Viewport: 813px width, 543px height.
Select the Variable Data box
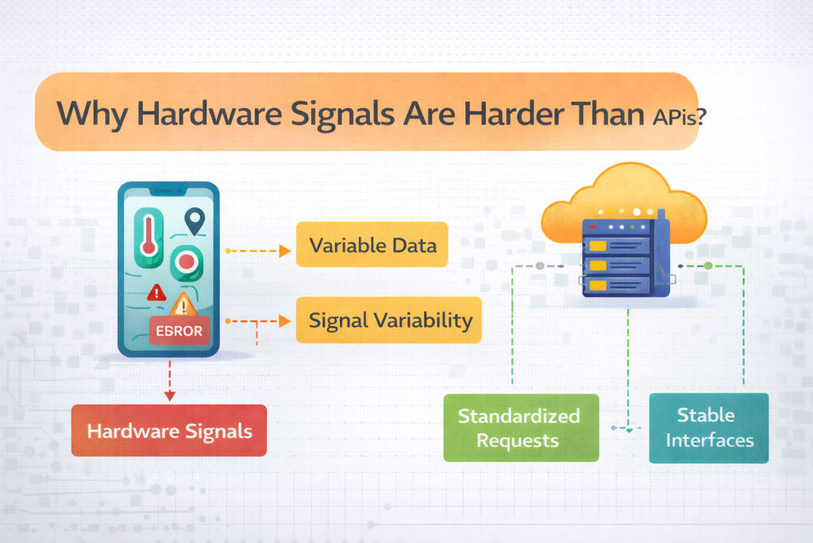(x=372, y=244)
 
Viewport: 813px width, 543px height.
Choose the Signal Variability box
(x=389, y=320)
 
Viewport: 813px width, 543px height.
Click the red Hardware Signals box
(x=169, y=432)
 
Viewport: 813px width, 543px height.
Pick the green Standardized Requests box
(x=520, y=428)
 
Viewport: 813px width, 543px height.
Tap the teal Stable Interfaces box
(x=709, y=428)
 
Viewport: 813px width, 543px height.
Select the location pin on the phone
(x=193, y=220)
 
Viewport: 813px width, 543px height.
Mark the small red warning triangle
(x=156, y=292)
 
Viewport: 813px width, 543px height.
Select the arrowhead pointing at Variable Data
(x=285, y=251)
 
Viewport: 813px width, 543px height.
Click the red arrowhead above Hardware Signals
(x=168, y=394)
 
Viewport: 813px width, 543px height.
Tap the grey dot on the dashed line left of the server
(x=540, y=265)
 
